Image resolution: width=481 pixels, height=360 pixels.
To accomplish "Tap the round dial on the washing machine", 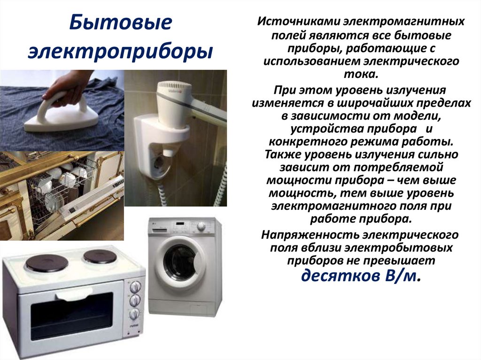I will (x=202, y=226).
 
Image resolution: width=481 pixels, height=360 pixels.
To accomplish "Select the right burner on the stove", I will (x=99, y=256).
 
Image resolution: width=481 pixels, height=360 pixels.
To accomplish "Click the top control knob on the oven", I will (x=136, y=286).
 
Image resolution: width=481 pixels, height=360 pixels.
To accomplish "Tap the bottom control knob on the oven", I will (x=135, y=314).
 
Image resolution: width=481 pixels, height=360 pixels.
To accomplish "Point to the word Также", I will (x=283, y=154).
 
